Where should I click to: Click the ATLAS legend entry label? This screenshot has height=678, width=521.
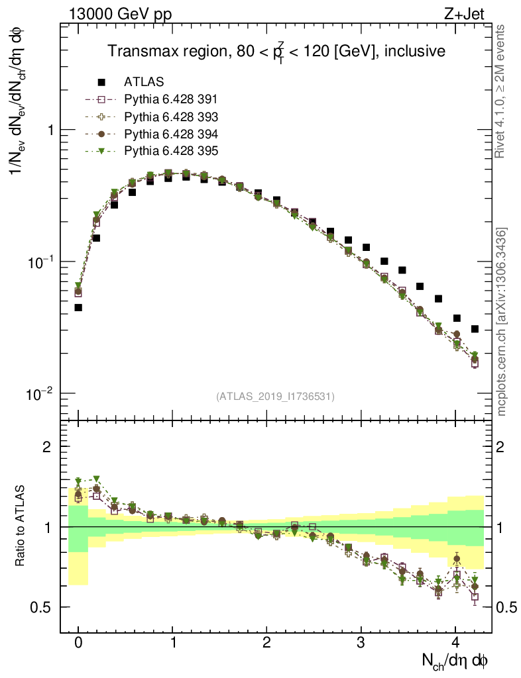pyautogui.click(x=144, y=82)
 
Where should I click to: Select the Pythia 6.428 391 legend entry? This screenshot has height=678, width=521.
pyautogui.click(x=170, y=99)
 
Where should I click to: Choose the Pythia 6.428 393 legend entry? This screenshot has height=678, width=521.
pyautogui.click(x=170, y=117)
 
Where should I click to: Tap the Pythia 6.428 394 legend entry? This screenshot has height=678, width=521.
pyautogui.click(x=170, y=134)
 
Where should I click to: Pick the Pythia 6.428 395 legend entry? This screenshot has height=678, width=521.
pyautogui.click(x=170, y=151)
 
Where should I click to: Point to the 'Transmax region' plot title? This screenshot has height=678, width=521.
pyautogui.click(x=276, y=51)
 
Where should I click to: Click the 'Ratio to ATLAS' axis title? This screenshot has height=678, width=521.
pyautogui.click(x=21, y=524)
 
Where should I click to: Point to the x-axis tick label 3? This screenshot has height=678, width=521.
pyautogui.click(x=361, y=642)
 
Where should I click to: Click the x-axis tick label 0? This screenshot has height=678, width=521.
pyautogui.click(x=78, y=642)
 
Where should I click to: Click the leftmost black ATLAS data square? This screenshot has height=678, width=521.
pyautogui.click(x=78, y=307)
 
